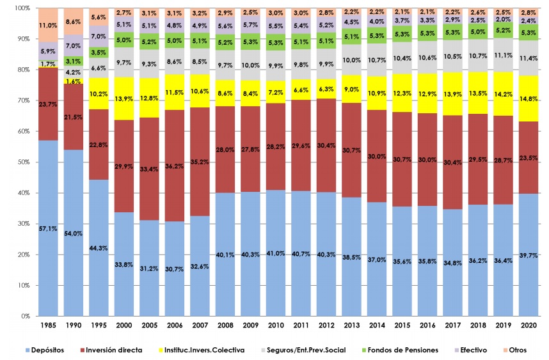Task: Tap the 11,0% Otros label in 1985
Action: pyautogui.click(x=47, y=26)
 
